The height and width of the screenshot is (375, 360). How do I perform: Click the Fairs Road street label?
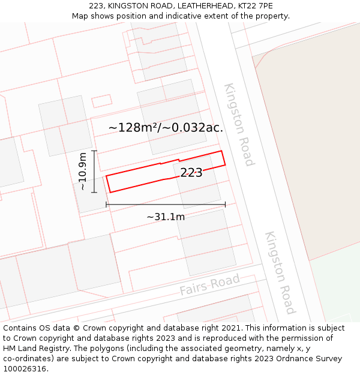tap(209, 284)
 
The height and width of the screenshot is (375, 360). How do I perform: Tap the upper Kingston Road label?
tap(239, 124)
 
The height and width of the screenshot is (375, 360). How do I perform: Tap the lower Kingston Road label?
tap(280, 272)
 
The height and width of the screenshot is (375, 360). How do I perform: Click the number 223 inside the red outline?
tap(191, 173)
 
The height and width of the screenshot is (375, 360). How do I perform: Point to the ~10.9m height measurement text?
tap(82, 172)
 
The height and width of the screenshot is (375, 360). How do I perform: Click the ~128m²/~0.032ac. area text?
tap(166, 128)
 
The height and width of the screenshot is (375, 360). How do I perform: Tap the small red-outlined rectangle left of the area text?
tap(102, 101)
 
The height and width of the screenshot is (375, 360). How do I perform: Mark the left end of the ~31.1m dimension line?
tap(106, 205)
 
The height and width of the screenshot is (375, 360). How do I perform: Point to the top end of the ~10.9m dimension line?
tap(94, 151)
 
